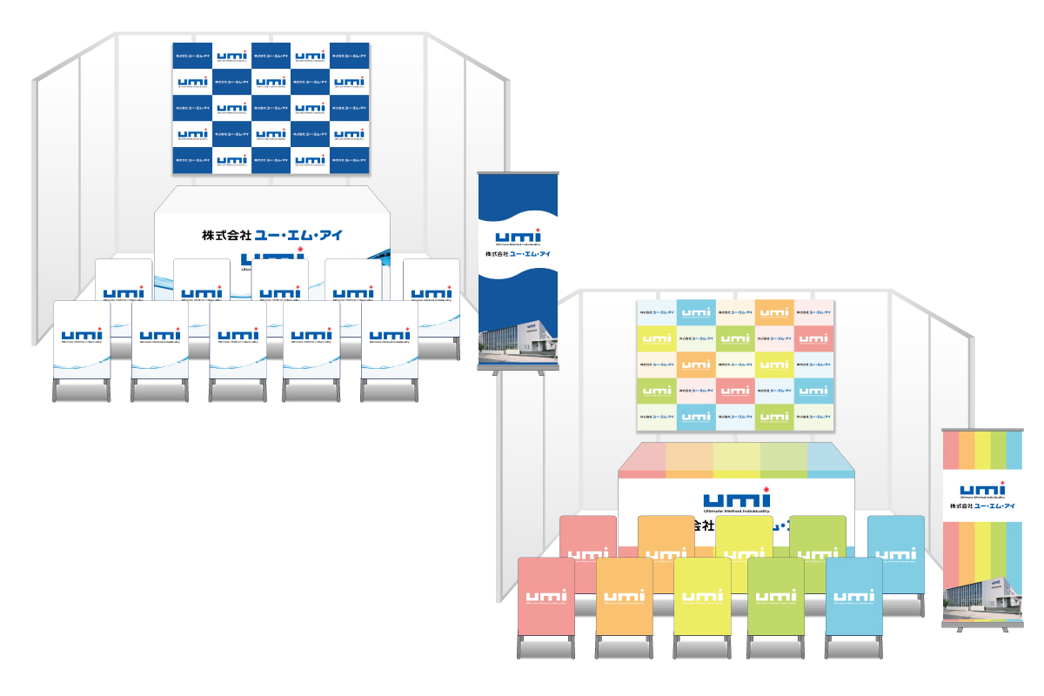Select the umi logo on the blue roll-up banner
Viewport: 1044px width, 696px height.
click(x=518, y=236)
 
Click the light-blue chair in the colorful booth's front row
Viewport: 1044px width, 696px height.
click(x=853, y=597)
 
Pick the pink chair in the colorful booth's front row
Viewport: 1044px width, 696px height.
click(x=545, y=597)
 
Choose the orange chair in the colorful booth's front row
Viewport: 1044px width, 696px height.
click(x=624, y=597)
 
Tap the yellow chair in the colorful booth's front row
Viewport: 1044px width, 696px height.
click(x=702, y=597)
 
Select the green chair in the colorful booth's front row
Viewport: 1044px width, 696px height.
click(x=776, y=597)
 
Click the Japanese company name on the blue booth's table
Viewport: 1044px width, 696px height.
click(x=269, y=235)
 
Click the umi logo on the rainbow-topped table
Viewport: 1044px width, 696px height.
click(x=736, y=498)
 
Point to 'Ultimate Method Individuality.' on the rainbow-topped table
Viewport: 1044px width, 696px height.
click(x=736, y=512)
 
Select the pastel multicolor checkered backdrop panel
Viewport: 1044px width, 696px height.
click(x=736, y=364)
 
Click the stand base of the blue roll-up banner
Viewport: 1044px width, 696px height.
click(x=518, y=372)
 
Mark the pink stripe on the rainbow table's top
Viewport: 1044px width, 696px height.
click(x=643, y=458)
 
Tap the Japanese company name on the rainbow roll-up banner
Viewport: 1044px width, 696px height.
click(x=982, y=506)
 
